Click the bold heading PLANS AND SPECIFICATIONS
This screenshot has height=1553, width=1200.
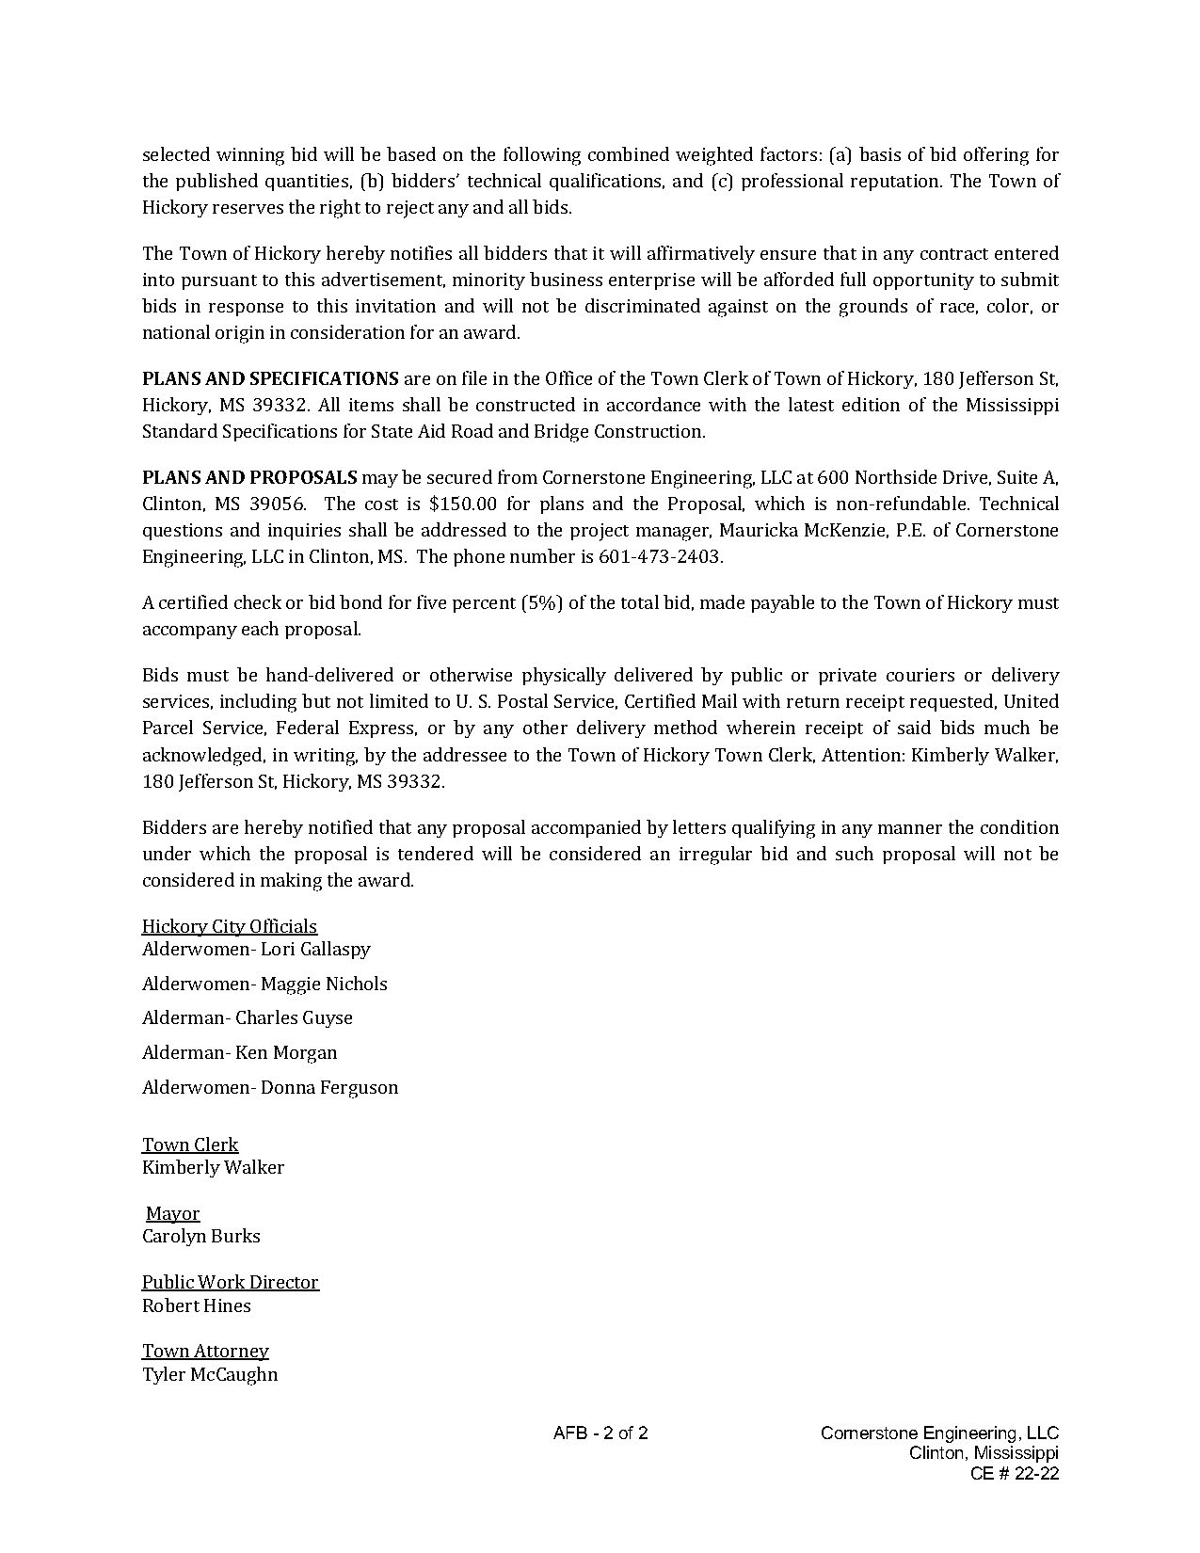(270, 378)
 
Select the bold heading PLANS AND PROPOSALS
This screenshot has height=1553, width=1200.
(249, 477)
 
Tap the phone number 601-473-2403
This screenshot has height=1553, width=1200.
(660, 556)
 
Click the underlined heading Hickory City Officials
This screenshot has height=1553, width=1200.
(230, 926)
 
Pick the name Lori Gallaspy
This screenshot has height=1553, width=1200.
(315, 949)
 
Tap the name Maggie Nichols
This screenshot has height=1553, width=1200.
(324, 984)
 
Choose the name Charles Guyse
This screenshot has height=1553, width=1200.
(294, 1017)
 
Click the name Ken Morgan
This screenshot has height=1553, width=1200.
(286, 1052)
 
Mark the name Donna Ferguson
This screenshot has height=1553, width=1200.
(329, 1087)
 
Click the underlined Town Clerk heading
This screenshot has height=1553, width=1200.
(190, 1145)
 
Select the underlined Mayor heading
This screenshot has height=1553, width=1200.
(173, 1213)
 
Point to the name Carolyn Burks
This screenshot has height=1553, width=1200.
(201, 1236)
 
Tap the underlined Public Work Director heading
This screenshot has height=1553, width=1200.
(231, 1282)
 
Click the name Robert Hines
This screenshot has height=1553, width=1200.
(197, 1305)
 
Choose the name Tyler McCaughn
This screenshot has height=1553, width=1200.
(210, 1374)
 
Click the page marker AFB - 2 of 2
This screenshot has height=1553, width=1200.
(600, 1433)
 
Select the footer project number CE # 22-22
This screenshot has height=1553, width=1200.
(1015, 1473)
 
